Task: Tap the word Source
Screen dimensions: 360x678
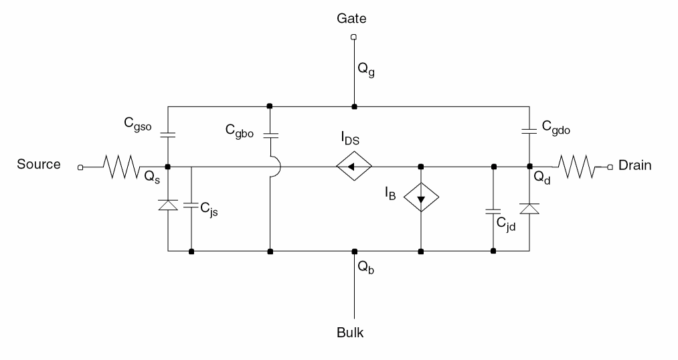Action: pos(39,165)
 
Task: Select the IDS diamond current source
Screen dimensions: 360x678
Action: pos(354,167)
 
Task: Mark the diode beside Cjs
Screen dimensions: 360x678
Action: pos(167,205)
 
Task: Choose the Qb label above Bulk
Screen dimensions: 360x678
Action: pos(365,267)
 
